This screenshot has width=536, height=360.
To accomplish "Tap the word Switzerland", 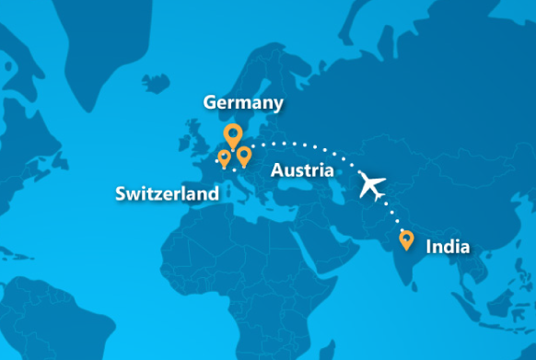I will pos(167,194).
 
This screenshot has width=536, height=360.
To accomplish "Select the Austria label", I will pos(303,170).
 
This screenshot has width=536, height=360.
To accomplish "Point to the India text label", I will pos(448,247).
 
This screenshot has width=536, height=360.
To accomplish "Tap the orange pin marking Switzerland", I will pos(224,157).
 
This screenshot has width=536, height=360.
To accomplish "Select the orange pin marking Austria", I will pos(243,156).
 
